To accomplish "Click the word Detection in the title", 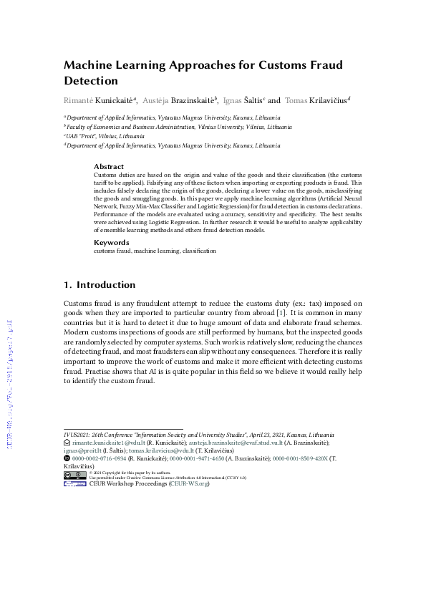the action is tap(91, 81).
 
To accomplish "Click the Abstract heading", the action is tap(109, 166).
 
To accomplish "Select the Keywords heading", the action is tap(112, 243).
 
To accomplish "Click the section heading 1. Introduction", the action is tap(100, 284).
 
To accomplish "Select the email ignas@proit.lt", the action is tap(80, 450).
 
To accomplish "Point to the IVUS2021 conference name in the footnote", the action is tap(78, 435).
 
